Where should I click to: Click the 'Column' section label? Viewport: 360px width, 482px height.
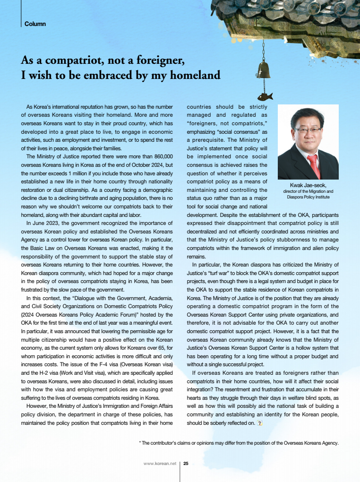(35, 24)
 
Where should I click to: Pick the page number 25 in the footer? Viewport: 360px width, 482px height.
(186, 464)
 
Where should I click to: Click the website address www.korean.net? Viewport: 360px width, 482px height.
(160, 464)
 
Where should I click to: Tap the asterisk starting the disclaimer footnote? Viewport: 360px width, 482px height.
(140, 443)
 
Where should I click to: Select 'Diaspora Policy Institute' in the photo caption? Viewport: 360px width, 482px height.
(308, 197)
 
